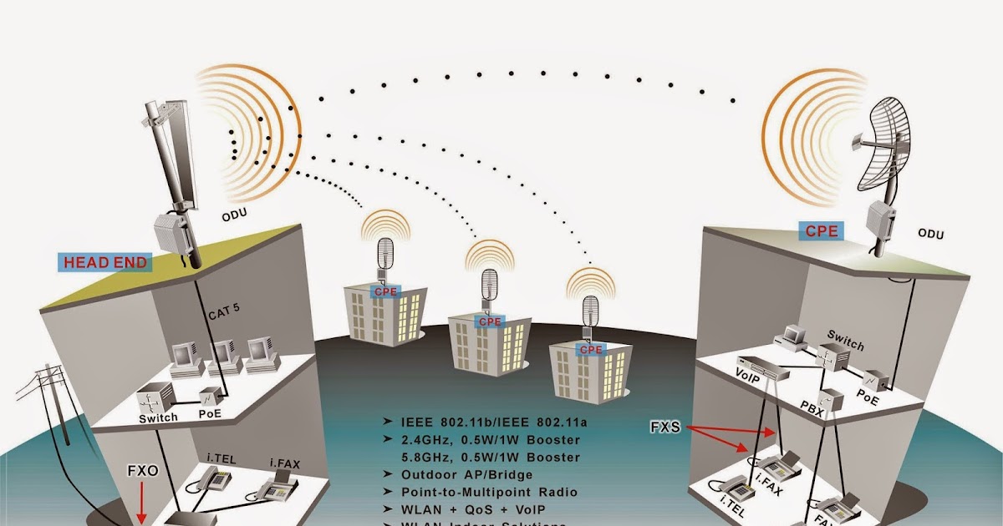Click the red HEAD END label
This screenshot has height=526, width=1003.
(107, 263)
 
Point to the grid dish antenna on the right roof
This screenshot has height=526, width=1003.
(888, 150)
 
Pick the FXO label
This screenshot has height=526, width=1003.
(142, 470)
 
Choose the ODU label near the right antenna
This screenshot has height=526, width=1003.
(930, 235)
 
